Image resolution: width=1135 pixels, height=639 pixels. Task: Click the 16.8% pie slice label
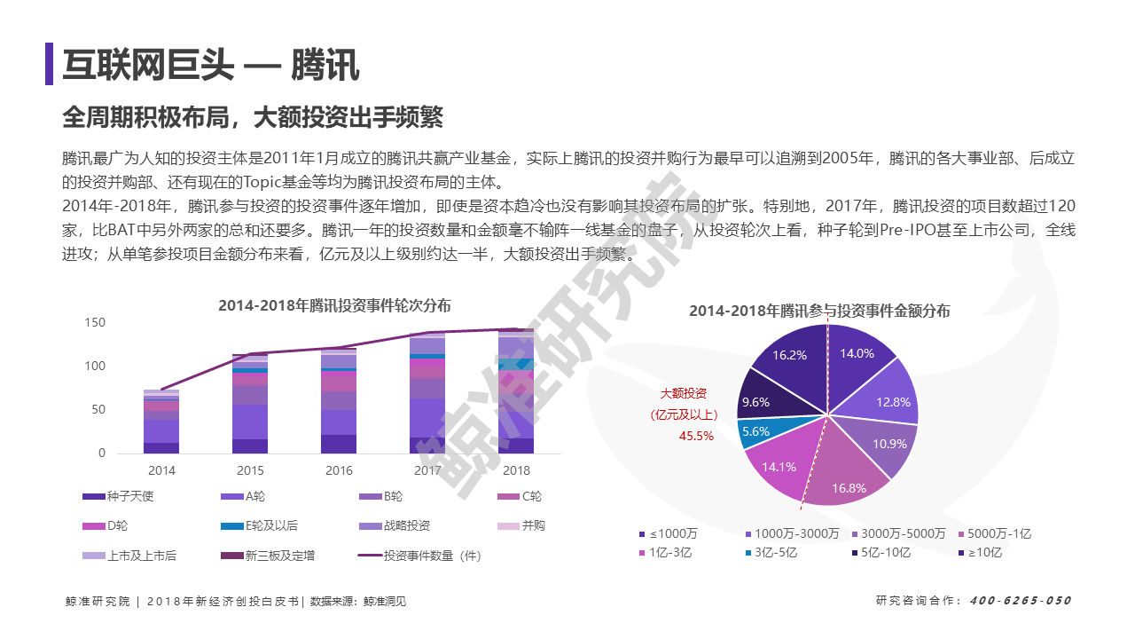[x=849, y=488]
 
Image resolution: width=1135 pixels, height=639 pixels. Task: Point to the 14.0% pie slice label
[x=857, y=353]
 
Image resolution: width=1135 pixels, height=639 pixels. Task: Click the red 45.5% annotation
[x=696, y=436]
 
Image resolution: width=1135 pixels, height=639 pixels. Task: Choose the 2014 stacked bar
[x=161, y=422]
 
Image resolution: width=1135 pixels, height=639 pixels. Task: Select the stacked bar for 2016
[x=339, y=400]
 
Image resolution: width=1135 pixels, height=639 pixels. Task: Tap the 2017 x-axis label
[x=427, y=470]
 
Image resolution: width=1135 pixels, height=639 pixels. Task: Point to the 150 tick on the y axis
[x=95, y=322]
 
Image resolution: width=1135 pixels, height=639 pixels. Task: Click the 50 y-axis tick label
[x=98, y=409]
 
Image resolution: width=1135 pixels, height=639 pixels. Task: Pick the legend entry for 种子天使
[x=118, y=496]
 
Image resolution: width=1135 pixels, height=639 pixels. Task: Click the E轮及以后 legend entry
[x=260, y=525]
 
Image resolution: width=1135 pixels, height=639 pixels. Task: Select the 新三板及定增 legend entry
[x=268, y=556]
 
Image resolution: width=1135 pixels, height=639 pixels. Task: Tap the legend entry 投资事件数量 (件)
[x=419, y=556]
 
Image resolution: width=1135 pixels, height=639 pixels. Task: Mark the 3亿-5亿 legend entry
[x=771, y=552]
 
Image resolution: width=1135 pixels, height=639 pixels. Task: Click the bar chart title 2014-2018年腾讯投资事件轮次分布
[x=334, y=305]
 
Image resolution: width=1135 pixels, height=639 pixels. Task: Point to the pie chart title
[x=819, y=311]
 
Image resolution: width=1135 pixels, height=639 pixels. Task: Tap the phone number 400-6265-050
[x=1021, y=601]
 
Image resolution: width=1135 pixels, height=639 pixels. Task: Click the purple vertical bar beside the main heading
[x=49, y=63]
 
